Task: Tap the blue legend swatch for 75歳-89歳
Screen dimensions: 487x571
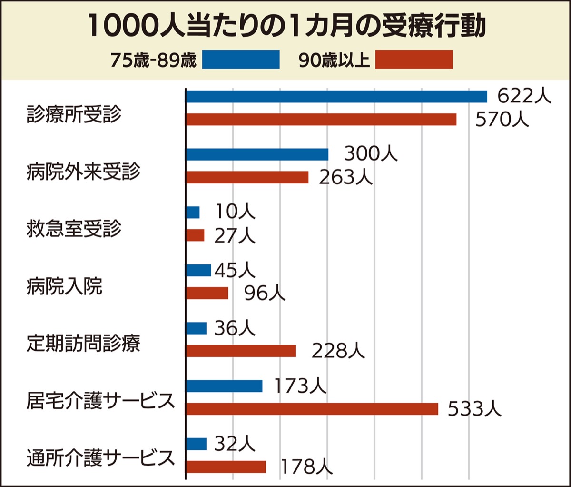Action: pyautogui.click(x=241, y=60)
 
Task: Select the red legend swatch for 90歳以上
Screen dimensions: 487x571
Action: pyautogui.click(x=414, y=60)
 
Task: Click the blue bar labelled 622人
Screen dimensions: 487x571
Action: pyautogui.click(x=336, y=96)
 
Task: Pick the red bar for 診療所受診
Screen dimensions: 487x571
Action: pyautogui.click(x=321, y=119)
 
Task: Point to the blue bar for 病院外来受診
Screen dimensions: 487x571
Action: pyautogui.click(x=257, y=154)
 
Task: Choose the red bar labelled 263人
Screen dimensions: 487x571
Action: pyautogui.click(x=247, y=177)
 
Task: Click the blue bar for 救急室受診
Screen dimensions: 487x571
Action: pyautogui.click(x=193, y=212)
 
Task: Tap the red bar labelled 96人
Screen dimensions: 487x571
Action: pyautogui.click(x=207, y=293)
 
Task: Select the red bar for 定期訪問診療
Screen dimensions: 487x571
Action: pyautogui.click(x=241, y=351)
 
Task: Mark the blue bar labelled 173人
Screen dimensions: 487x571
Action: pyautogui.click(x=224, y=386)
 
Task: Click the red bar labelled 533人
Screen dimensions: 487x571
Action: pyautogui.click(x=312, y=409)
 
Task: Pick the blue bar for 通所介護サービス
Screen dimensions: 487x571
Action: pyautogui.click(x=196, y=444)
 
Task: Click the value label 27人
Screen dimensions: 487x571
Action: pyautogui.click(x=235, y=235)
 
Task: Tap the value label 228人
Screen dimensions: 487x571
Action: pyautogui.click(x=338, y=351)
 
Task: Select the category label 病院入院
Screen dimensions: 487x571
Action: pyautogui.click(x=64, y=287)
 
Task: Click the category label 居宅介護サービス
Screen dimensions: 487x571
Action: pyautogui.click(x=100, y=401)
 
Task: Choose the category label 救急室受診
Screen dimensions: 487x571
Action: pyautogui.click(x=74, y=229)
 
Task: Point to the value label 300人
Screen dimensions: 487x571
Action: pyautogui.click(x=370, y=154)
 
